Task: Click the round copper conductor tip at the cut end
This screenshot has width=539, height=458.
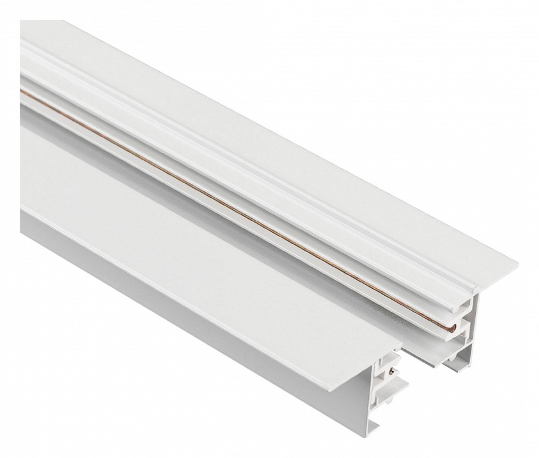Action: [452, 328]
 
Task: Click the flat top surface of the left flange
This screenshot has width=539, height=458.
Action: [191, 210]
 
